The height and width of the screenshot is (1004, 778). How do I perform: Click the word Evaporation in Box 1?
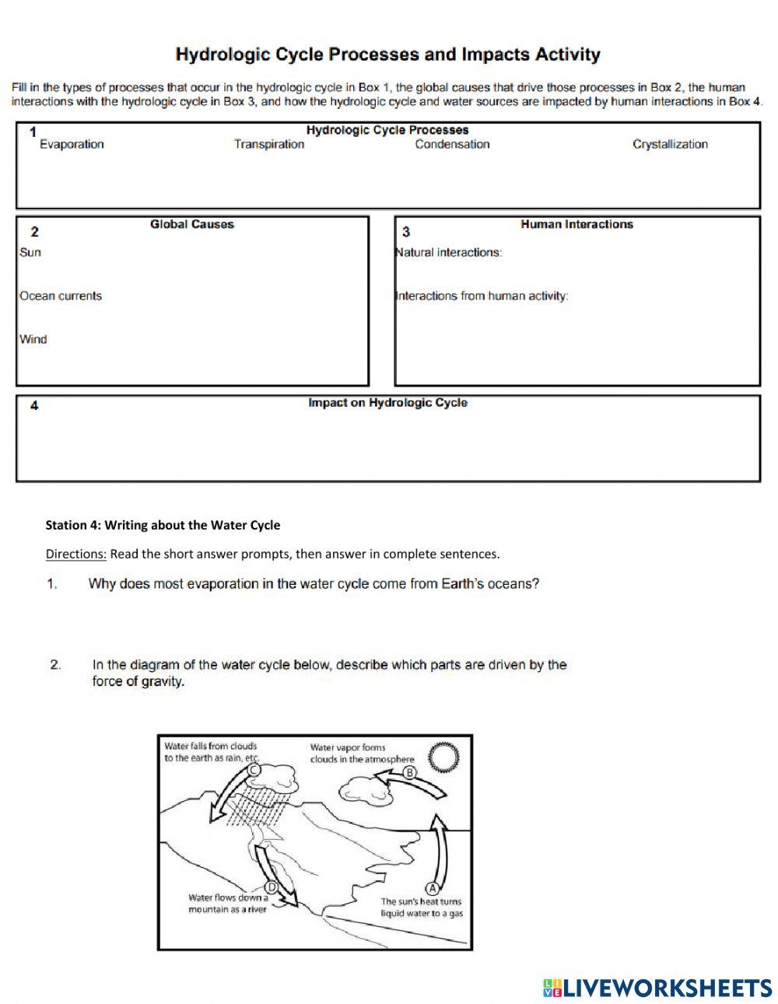coord(72,144)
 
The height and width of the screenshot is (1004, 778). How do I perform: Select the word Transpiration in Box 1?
coord(269,144)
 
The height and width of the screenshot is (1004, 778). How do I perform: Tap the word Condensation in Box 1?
coord(452,144)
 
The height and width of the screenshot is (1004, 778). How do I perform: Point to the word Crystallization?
coord(670,144)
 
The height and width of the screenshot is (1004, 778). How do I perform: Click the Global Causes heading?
coord(191,224)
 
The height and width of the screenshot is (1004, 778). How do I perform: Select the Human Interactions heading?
coord(576,224)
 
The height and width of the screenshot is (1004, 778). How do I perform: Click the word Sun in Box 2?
coord(30,252)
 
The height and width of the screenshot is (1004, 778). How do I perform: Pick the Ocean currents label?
coord(61,296)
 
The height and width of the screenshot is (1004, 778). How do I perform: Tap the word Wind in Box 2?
coord(33,339)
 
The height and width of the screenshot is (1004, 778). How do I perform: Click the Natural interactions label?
coord(449,252)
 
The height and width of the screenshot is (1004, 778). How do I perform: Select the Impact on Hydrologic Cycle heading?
coord(387,403)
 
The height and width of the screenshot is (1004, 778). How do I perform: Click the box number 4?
coord(34,405)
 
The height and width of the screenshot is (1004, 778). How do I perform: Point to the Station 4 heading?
coord(163,525)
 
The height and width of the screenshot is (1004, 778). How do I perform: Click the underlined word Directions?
coord(75,554)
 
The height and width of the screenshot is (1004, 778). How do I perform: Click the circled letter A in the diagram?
coord(433,888)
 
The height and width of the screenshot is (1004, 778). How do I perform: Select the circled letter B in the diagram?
coord(411,772)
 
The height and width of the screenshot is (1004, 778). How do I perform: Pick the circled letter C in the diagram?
coord(254,770)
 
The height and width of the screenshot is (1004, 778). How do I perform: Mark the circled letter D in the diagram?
coord(272,887)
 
